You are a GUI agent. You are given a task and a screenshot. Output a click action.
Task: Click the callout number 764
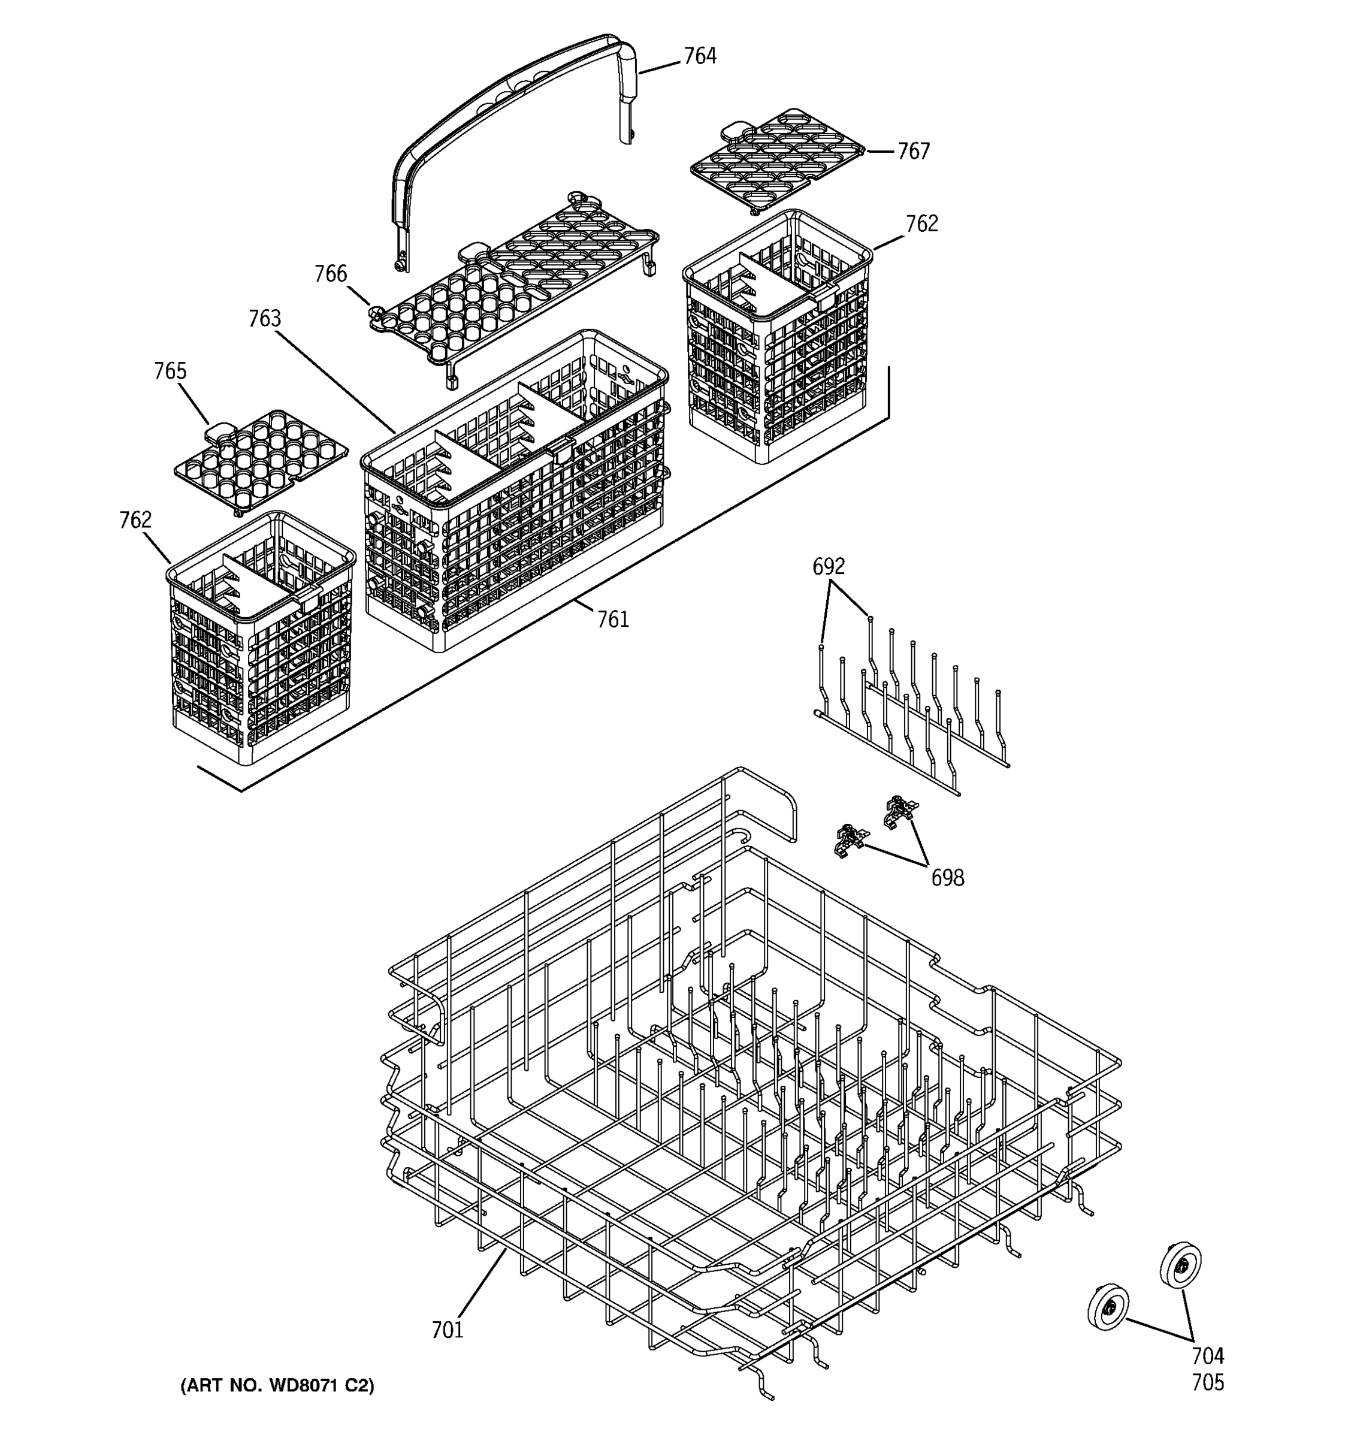tap(699, 56)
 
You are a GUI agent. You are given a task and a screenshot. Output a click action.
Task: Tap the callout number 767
tap(914, 151)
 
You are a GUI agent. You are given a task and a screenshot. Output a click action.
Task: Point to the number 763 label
tap(265, 318)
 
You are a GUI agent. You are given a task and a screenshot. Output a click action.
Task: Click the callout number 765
tap(170, 371)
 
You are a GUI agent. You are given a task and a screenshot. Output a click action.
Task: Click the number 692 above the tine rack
tap(828, 566)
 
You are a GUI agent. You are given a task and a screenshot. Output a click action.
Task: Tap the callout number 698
tap(947, 877)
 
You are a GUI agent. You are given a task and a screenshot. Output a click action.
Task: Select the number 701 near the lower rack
tap(447, 1330)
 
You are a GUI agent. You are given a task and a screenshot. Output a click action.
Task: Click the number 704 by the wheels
tap(1208, 1355)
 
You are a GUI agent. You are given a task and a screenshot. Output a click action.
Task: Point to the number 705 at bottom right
tap(1208, 1382)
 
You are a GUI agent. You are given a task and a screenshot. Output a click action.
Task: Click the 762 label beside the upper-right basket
tap(922, 224)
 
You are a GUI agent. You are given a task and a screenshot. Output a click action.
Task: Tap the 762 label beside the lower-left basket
tap(135, 520)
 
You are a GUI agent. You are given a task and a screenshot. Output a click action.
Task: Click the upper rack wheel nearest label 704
tap(1180, 1265)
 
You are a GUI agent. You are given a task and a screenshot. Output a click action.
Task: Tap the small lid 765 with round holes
tap(261, 460)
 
